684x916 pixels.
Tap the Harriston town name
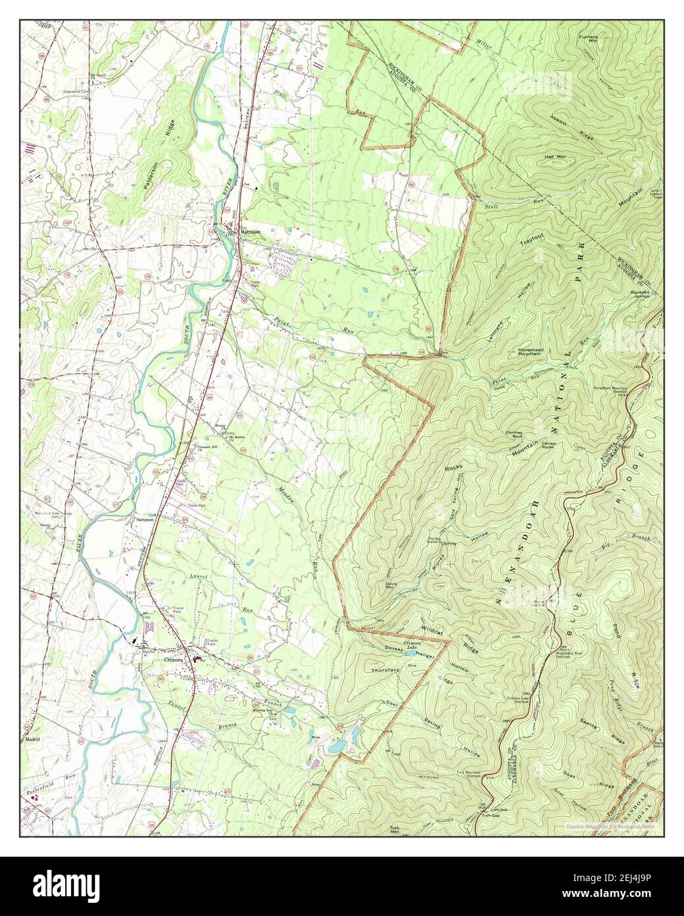(x=250, y=233)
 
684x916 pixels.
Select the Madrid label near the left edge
(x=33, y=739)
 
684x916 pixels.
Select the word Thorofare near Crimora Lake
(x=386, y=670)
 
